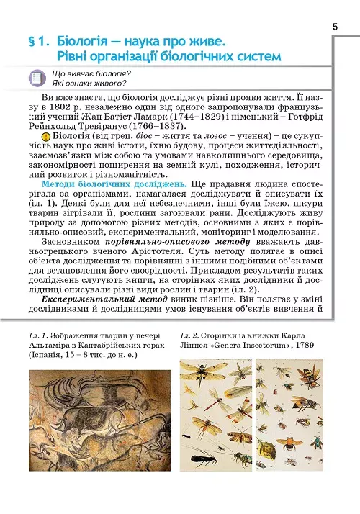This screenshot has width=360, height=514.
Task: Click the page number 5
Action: pyautogui.click(x=336, y=27)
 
